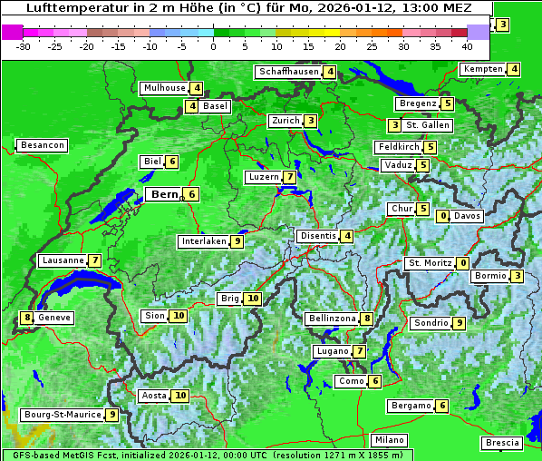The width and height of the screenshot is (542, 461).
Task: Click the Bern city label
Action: pos(164,194)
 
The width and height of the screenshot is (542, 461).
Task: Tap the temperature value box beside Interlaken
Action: pos(237,241)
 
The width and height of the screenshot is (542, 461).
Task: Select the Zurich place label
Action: pos(285,121)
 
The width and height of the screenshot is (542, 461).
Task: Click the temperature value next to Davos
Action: pos(443,216)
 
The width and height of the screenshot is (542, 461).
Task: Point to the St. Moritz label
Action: pos(429,263)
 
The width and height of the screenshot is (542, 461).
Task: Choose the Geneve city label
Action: pos(54,318)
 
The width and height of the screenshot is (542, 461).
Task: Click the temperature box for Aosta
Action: pos(181,396)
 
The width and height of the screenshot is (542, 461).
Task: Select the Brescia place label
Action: pos(502,443)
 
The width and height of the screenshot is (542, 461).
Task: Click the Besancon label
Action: pos(42,145)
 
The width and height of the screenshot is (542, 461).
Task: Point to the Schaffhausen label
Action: pos(287,72)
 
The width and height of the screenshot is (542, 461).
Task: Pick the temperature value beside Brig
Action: pos(253,299)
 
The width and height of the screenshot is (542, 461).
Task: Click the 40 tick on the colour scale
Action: pos(467,46)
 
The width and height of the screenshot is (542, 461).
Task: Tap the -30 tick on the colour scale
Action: pos(24,46)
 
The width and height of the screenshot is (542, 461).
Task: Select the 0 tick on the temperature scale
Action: pos(214,46)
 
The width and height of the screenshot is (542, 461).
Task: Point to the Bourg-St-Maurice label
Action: pos(62,415)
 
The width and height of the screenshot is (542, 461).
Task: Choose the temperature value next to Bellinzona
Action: pos(366,319)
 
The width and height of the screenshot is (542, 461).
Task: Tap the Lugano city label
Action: pos(332,351)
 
